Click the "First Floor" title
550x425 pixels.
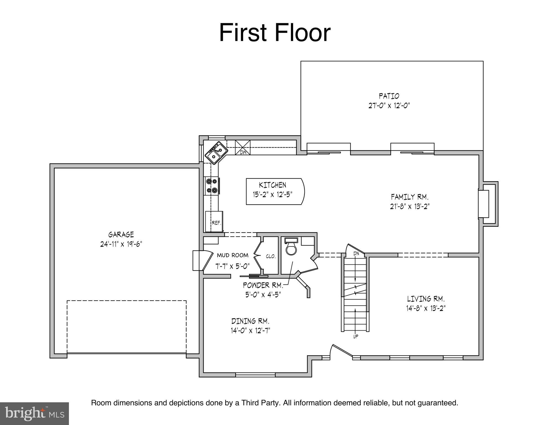[275, 33]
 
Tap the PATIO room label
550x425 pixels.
[389, 96]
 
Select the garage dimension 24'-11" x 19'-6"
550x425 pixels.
[121, 244]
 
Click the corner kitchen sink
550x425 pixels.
[216, 153]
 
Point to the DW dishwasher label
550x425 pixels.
[243, 152]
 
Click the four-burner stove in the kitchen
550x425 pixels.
[212, 186]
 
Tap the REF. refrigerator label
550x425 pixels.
[217, 223]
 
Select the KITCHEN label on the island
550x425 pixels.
[272, 185]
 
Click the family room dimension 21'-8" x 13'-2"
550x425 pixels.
[410, 206]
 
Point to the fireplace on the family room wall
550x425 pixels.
[488, 204]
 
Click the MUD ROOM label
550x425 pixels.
[233, 255]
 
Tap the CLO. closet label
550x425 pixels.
[271, 256]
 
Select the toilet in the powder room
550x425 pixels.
[291, 246]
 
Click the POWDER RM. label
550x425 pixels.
[263, 285]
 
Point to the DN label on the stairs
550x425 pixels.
[356, 253]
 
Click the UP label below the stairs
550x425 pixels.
[356, 337]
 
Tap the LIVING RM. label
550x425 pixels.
[426, 299]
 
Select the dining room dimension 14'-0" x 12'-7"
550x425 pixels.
[250, 330]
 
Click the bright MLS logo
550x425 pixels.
[34, 413]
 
